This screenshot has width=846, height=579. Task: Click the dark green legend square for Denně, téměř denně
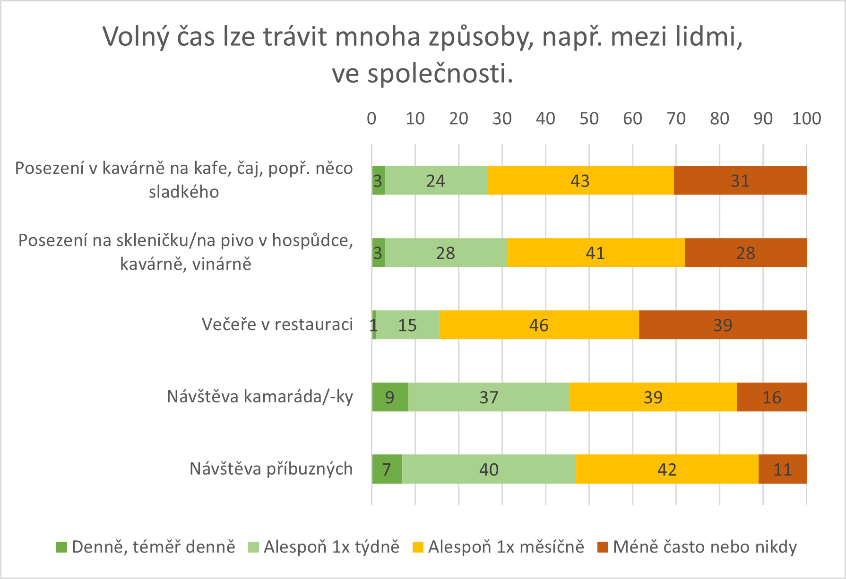click(61, 547)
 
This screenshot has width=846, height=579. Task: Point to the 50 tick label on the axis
click(589, 119)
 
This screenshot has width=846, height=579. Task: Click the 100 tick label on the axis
click(806, 119)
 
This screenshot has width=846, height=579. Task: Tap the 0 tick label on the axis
click(371, 119)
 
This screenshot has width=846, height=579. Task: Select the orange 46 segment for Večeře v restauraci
click(539, 325)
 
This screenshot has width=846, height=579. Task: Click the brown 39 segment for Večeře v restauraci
click(723, 325)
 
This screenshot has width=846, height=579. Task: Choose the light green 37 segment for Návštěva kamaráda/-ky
click(489, 397)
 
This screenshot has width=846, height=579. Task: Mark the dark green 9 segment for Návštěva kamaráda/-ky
click(390, 397)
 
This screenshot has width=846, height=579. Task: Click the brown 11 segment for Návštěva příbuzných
click(782, 469)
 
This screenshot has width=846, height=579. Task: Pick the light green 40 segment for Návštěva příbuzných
click(489, 469)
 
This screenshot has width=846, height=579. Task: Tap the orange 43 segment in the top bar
click(580, 180)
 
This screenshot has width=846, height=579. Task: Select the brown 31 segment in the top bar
click(740, 180)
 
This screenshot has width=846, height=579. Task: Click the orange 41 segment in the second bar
click(595, 253)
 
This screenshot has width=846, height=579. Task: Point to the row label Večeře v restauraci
click(277, 324)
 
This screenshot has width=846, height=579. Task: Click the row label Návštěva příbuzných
click(271, 469)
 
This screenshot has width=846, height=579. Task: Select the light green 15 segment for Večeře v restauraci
click(407, 325)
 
